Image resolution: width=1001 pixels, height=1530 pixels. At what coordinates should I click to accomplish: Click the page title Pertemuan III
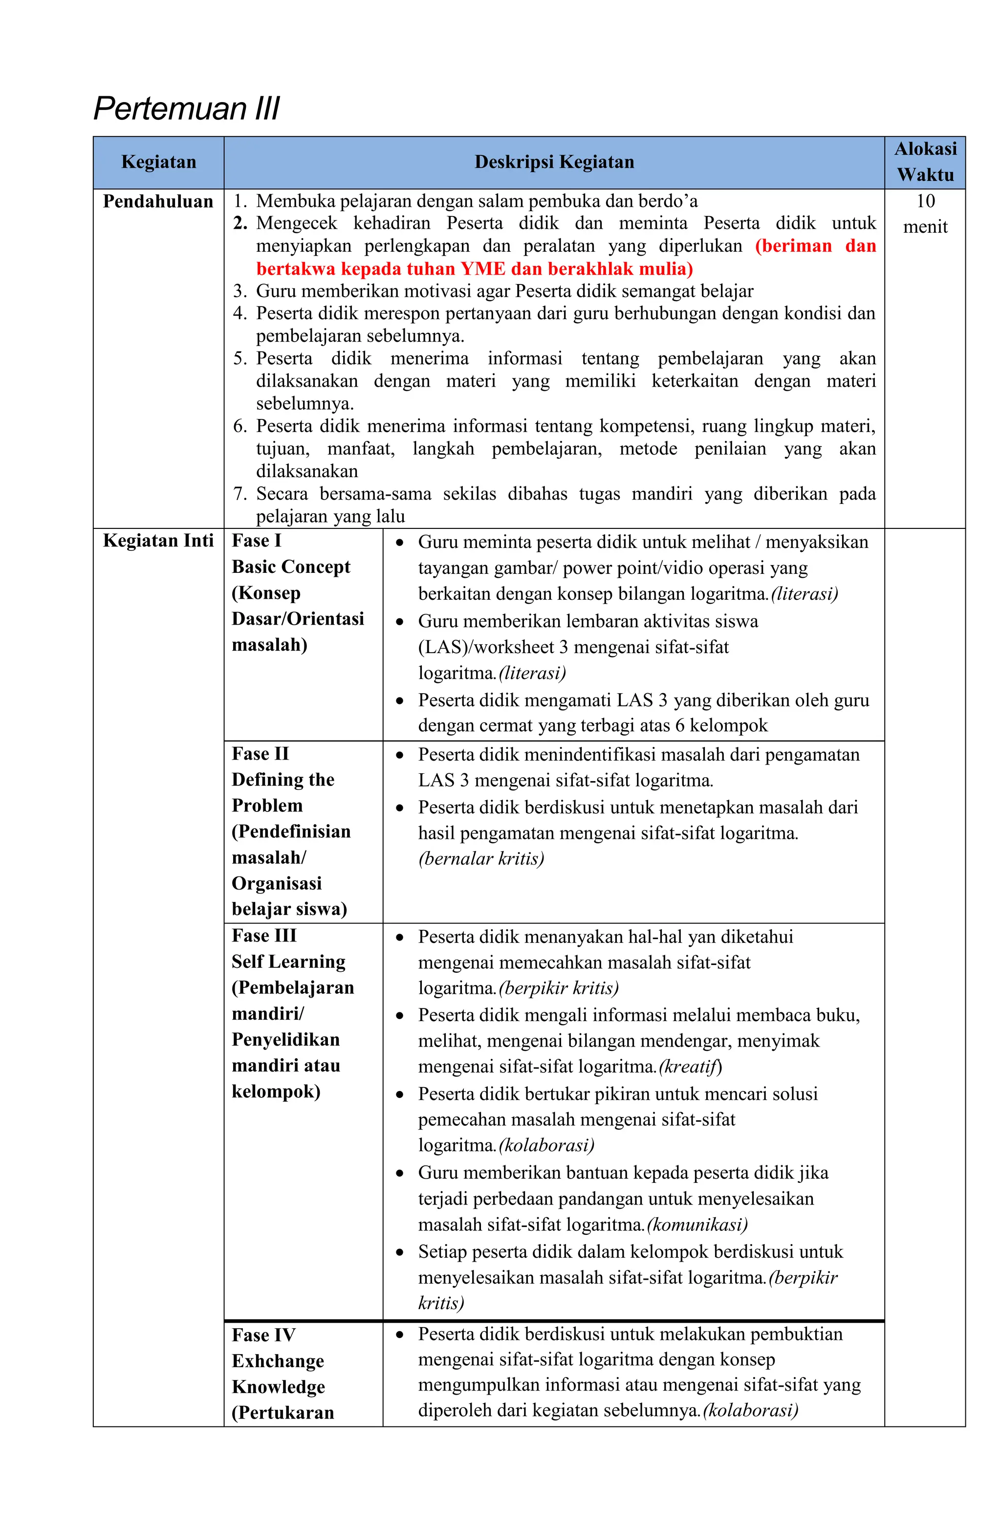coord(186,108)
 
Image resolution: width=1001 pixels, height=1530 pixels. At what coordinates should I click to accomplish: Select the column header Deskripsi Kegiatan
coord(554,162)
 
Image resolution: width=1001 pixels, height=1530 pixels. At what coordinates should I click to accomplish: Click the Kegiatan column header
coord(158,162)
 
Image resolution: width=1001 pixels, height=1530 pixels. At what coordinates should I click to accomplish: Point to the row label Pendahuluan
coord(158,202)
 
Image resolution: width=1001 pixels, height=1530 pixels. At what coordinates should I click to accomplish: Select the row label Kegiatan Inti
coord(158,541)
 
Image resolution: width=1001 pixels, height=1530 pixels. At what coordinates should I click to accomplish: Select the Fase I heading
coord(256,541)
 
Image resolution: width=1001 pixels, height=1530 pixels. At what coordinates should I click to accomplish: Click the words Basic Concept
coord(291,567)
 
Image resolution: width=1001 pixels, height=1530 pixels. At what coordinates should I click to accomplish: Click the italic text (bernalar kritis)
coord(481,859)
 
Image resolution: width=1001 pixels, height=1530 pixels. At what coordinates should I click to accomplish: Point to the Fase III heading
coord(263,936)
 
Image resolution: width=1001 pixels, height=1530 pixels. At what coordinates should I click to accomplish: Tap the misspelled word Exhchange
coord(277,1361)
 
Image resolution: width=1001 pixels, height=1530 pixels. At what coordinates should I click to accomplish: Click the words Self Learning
coord(288,962)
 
